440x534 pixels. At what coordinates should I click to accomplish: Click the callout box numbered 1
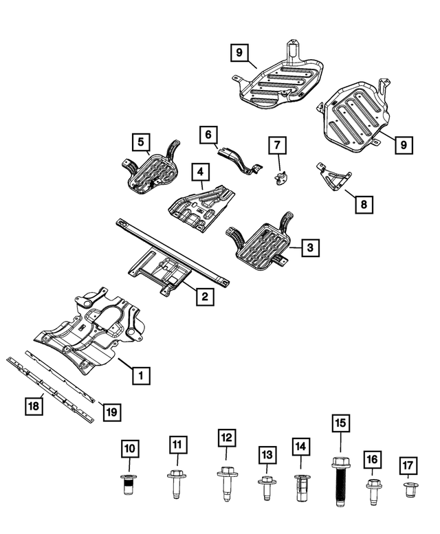click(x=141, y=375)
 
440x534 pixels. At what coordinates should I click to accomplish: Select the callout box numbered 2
click(x=203, y=297)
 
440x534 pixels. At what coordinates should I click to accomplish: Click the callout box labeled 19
click(x=111, y=412)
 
